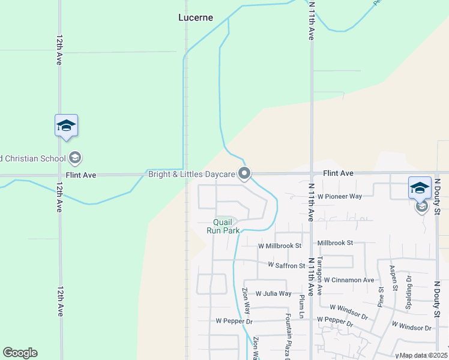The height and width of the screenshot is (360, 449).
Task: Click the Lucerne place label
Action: (x=196, y=17)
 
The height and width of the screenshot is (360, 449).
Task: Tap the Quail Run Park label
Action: (x=223, y=226)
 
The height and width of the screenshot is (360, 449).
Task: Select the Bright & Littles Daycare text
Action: (x=191, y=174)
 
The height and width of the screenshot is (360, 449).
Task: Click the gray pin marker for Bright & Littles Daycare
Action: (x=244, y=173)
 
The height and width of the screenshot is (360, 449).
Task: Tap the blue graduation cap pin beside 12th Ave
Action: (x=66, y=125)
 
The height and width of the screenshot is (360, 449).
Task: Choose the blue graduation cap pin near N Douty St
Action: (x=420, y=187)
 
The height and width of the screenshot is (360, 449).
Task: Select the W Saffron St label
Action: (x=286, y=265)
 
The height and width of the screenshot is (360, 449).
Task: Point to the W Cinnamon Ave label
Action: (x=349, y=280)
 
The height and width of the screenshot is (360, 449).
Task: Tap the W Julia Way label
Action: (x=273, y=293)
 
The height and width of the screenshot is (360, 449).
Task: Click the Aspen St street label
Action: (x=393, y=278)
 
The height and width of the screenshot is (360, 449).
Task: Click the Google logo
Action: (x=20, y=353)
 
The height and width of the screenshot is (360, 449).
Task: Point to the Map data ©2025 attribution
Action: (x=423, y=355)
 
